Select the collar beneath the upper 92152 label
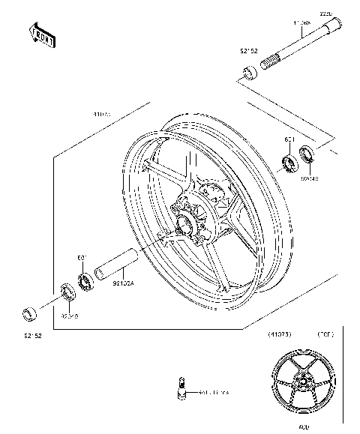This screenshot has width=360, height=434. tap(247, 73)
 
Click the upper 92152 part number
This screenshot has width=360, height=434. tap(249, 52)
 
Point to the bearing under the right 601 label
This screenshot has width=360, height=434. tap(287, 163)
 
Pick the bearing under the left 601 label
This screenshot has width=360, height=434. tap(85, 281)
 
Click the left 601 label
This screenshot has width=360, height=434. tap(83, 259)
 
